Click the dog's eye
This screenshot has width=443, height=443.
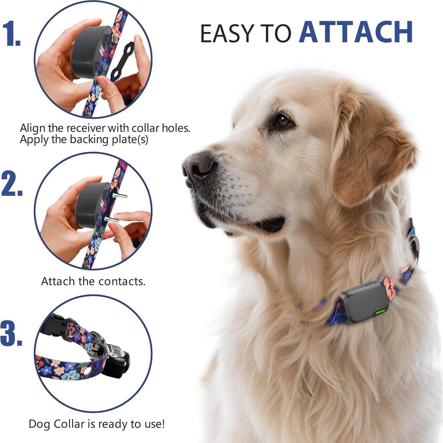coord(283,121)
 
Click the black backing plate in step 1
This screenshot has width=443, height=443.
coord(122,62)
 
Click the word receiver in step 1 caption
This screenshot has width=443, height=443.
coord(85,128)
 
